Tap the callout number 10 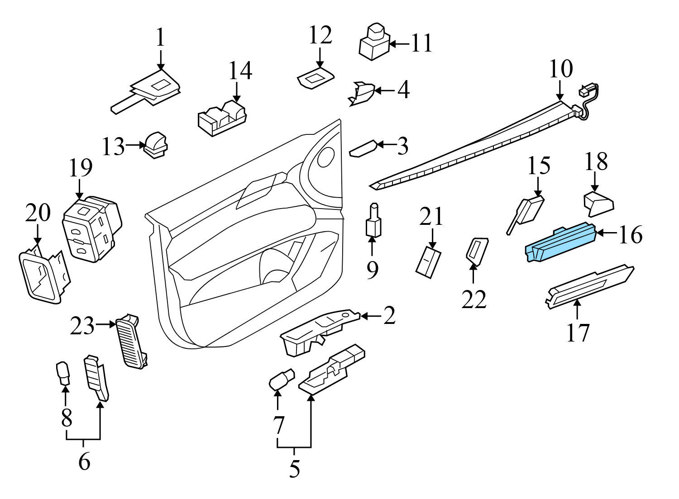[x=561, y=69]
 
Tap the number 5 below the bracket [x=294, y=469]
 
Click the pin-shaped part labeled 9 [x=373, y=221]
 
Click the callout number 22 [x=474, y=299]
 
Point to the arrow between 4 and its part [x=385, y=90]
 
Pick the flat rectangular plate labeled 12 [x=316, y=78]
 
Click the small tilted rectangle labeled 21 [x=428, y=261]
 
